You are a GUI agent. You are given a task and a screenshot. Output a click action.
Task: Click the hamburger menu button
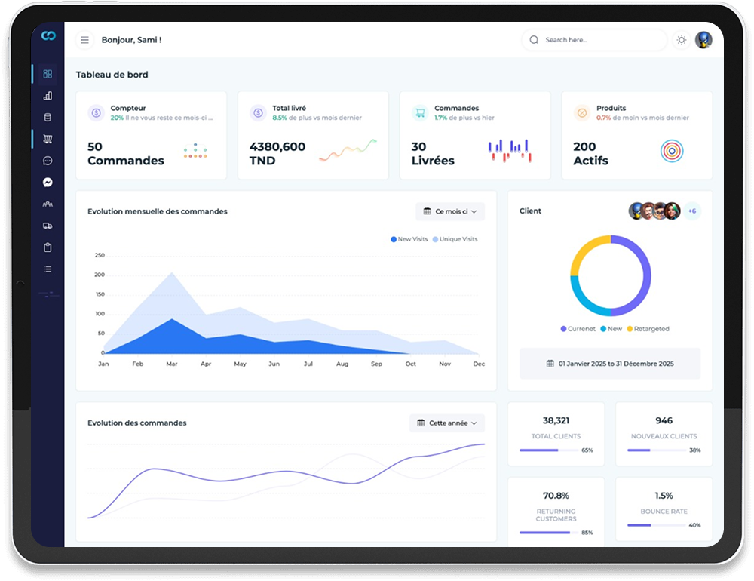(84, 40)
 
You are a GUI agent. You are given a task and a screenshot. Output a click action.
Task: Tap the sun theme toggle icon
(682, 40)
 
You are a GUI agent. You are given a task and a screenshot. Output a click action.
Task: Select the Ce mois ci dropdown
(450, 211)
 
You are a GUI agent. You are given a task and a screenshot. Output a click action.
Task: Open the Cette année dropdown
(447, 423)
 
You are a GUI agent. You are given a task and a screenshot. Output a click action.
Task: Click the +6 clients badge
(692, 211)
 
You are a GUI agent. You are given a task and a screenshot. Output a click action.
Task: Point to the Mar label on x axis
(172, 364)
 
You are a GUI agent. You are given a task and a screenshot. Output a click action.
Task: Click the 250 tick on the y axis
(100, 255)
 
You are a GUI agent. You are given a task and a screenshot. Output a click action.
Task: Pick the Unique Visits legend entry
(455, 239)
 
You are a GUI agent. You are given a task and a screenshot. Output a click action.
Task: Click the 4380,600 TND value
(277, 153)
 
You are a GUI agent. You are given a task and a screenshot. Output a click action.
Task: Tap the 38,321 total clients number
(556, 420)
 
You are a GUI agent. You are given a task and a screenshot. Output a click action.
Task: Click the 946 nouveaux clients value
(664, 420)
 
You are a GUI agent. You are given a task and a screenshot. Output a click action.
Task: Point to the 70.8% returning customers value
(556, 496)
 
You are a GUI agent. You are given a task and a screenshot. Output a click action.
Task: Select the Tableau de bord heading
(112, 75)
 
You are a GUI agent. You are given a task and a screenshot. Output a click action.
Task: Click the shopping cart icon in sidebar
(48, 139)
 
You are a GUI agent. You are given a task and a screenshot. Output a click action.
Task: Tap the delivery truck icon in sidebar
(48, 226)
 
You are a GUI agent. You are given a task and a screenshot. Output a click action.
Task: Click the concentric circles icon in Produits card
(672, 152)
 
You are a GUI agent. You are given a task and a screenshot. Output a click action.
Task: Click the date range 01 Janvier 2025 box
(610, 364)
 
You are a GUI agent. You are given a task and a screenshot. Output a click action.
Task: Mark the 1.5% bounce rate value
(664, 496)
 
